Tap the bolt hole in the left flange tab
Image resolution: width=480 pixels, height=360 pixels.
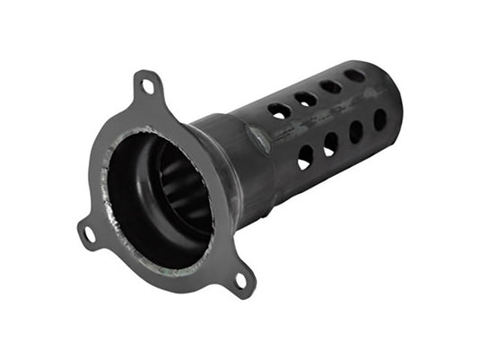88,234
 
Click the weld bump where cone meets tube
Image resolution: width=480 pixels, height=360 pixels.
257,138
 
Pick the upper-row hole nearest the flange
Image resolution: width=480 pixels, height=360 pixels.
279,110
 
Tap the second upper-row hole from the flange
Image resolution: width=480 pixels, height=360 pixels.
306,99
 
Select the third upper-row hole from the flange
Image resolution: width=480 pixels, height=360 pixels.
331,87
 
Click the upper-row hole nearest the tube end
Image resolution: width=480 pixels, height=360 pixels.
355,75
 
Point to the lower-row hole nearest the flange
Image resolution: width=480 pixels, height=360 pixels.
305,158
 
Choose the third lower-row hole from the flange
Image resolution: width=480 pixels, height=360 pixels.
356,132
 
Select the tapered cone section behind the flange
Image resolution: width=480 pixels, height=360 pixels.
224,166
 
